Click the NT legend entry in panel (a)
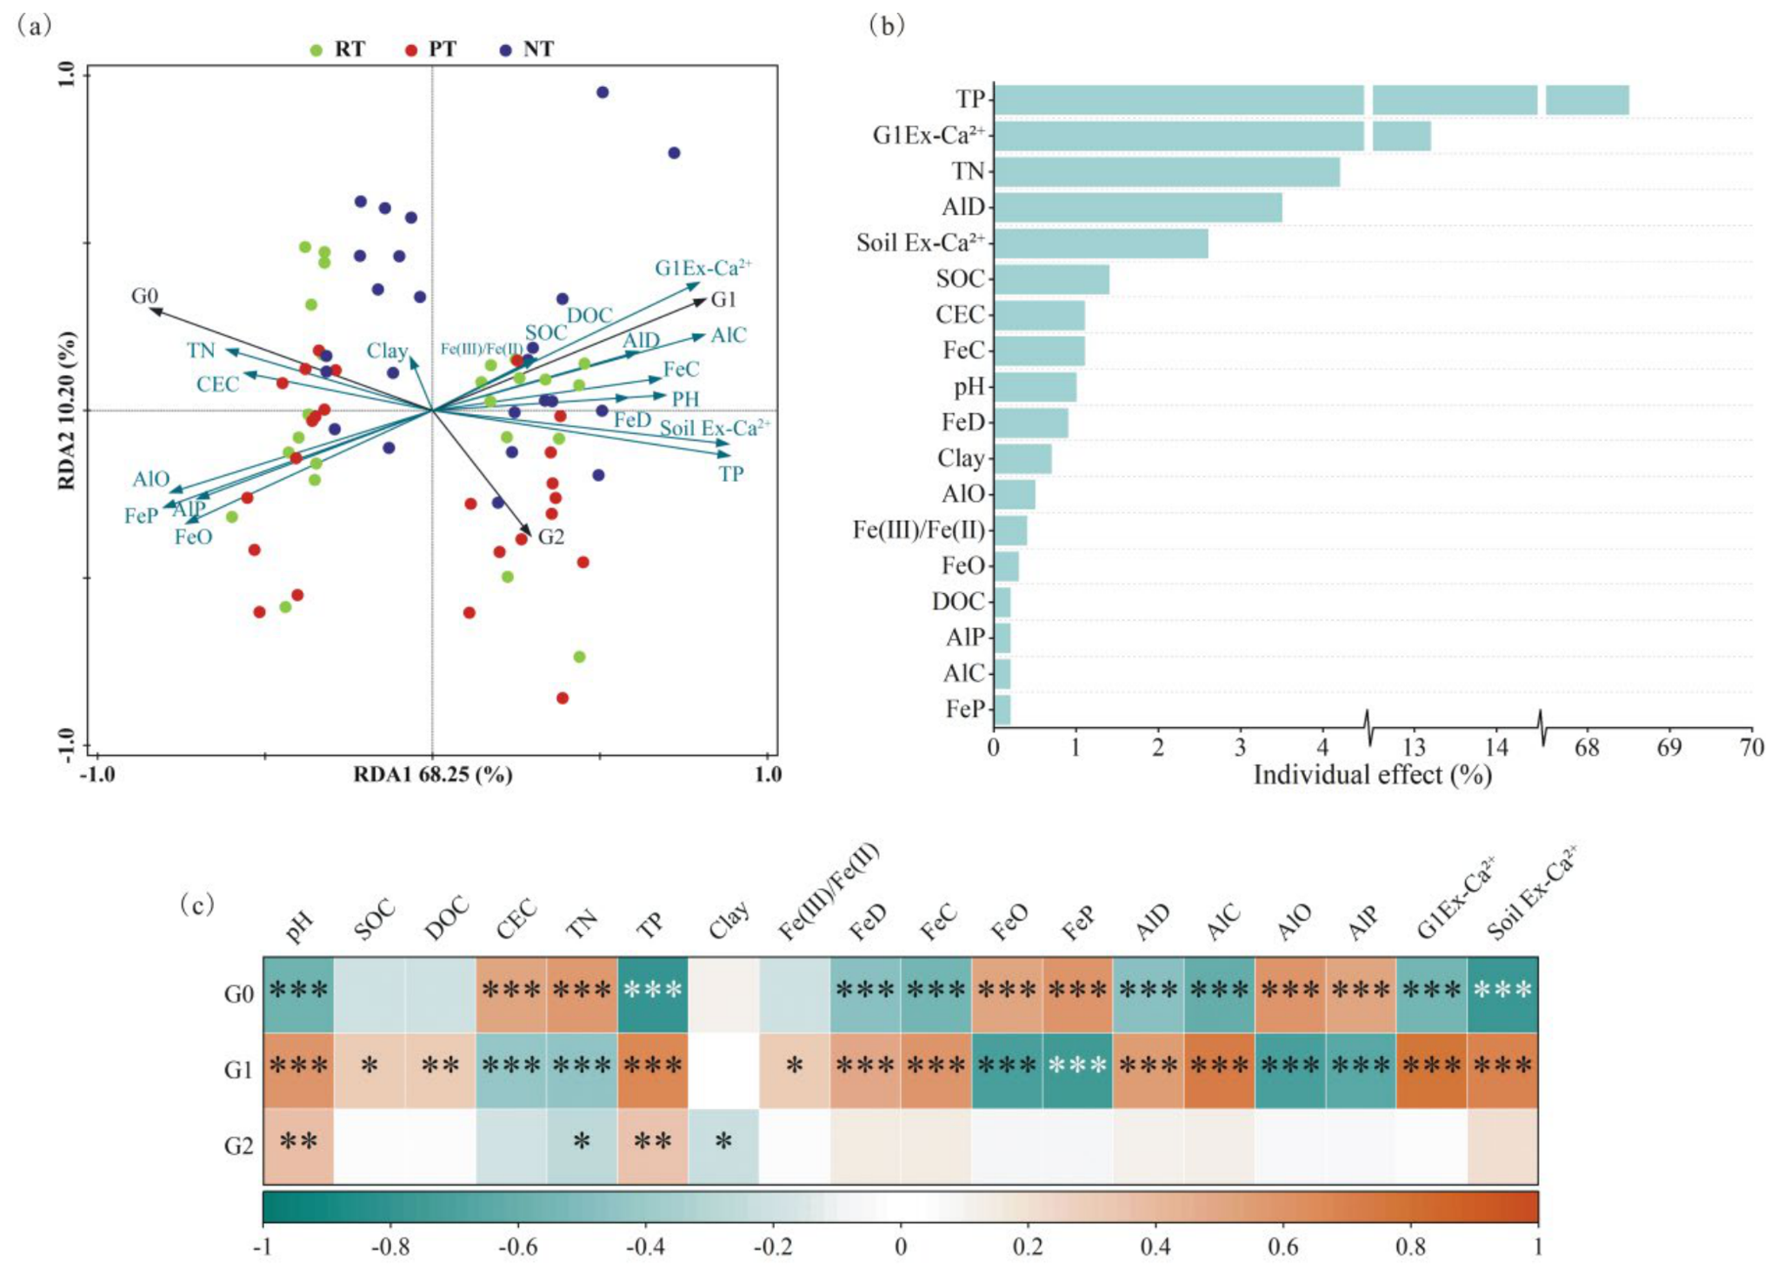click(528, 49)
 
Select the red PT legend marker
click(411, 50)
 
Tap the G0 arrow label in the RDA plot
click(145, 296)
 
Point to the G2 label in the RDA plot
click(551, 537)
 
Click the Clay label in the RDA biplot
click(387, 350)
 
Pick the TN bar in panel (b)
click(1167, 171)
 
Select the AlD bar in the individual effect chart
click(1138, 207)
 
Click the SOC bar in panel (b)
click(1052, 279)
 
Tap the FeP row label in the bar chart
click(965, 710)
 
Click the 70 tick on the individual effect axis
click(1751, 748)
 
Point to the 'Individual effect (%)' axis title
click(1372, 775)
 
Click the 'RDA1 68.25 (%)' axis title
click(432, 774)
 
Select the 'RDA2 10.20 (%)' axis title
click(66, 411)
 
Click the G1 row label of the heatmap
click(239, 1070)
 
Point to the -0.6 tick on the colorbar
click(517, 1247)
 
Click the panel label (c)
click(196, 905)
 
